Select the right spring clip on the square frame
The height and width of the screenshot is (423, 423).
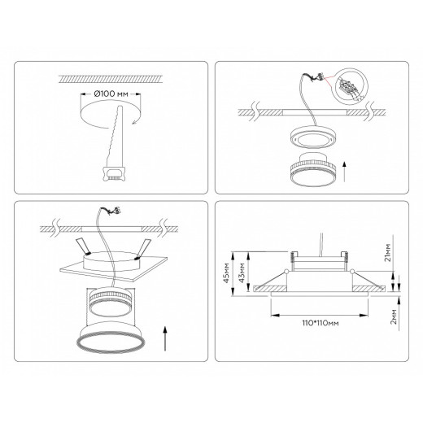(144, 246)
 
